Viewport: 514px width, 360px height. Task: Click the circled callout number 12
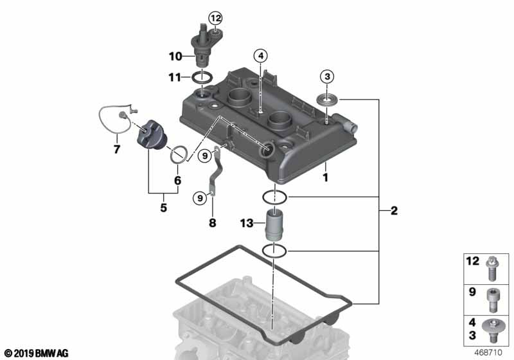pyautogui.click(x=216, y=18)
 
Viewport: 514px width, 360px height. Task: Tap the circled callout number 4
pyautogui.click(x=261, y=56)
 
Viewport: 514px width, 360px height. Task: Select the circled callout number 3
pyautogui.click(x=327, y=76)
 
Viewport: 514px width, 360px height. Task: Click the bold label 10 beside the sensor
pyautogui.click(x=175, y=57)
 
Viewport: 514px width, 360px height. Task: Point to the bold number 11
pyautogui.click(x=175, y=78)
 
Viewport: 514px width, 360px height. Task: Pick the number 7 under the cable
pyautogui.click(x=117, y=150)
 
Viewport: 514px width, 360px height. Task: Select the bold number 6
pyautogui.click(x=177, y=181)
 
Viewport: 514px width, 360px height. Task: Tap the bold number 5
pyautogui.click(x=164, y=208)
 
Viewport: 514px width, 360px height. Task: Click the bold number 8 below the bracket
pyautogui.click(x=213, y=223)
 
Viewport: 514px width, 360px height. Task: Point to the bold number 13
pyautogui.click(x=247, y=223)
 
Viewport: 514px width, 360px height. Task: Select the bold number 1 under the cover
pyautogui.click(x=326, y=177)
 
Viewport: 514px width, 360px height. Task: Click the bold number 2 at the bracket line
pyautogui.click(x=394, y=210)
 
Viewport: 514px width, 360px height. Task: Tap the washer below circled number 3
pyautogui.click(x=327, y=100)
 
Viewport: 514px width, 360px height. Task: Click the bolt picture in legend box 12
pyautogui.click(x=492, y=269)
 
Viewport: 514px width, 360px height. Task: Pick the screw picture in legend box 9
pyautogui.click(x=492, y=300)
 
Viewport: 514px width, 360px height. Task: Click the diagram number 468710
pyautogui.click(x=488, y=352)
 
